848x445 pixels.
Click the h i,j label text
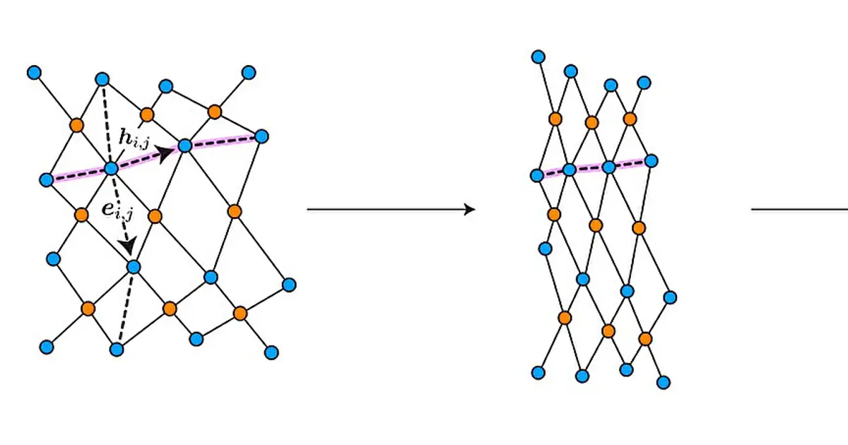click(x=134, y=138)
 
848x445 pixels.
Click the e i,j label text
click(x=118, y=210)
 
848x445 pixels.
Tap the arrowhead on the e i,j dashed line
click(x=127, y=246)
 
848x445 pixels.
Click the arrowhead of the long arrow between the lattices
click(x=470, y=209)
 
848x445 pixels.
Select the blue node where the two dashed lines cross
click(x=112, y=169)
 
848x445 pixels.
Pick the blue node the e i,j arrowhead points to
click(x=134, y=267)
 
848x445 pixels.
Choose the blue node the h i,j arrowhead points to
click(x=184, y=146)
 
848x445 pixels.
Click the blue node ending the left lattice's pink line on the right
click(x=261, y=136)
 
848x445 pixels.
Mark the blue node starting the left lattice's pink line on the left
click(x=47, y=179)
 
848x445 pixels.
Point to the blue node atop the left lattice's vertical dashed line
click(x=102, y=79)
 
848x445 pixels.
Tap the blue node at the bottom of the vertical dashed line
click(x=117, y=349)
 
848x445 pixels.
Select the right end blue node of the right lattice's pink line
click(x=651, y=161)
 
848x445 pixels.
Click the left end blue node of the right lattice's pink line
click(x=537, y=176)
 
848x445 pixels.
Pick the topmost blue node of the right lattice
click(x=538, y=57)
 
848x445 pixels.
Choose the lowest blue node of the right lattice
click(x=664, y=383)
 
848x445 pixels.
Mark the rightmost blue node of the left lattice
click(x=289, y=285)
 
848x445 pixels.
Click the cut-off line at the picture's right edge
click(x=799, y=209)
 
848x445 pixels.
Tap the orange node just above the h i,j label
click(x=147, y=114)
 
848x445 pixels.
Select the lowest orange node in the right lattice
click(x=645, y=338)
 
